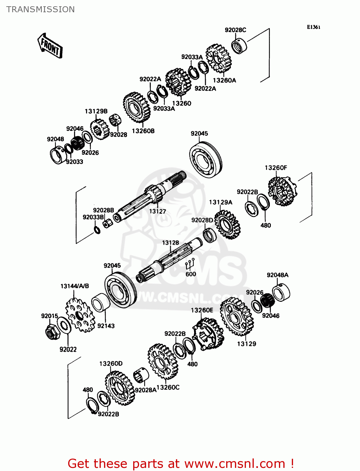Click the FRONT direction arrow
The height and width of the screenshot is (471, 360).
tap(50, 46)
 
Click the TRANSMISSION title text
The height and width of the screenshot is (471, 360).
tap(41, 9)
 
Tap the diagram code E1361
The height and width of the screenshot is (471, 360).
tap(314, 27)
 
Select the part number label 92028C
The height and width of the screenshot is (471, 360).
tap(235, 30)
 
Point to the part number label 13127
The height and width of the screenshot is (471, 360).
tap(157, 211)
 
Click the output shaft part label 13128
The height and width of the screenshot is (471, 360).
tap(171, 243)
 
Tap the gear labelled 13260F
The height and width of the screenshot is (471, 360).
tap(282, 191)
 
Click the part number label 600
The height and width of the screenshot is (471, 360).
tap(191, 274)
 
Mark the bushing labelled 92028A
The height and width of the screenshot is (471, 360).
tap(141, 375)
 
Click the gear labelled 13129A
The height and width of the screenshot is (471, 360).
tap(227, 224)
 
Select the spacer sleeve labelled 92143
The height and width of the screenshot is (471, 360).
tap(100, 303)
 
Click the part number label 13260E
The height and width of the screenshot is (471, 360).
tap(202, 310)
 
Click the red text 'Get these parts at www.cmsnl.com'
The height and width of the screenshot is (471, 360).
tap(181, 463)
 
